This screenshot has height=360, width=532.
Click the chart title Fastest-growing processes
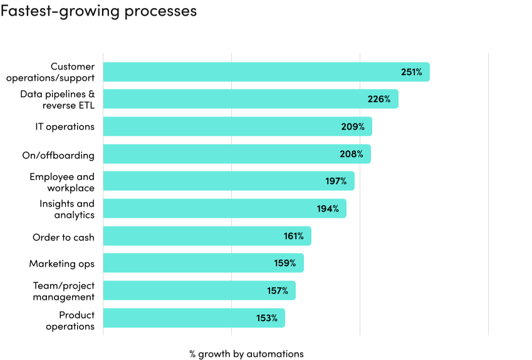tap(98, 11)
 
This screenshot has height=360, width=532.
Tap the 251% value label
tap(411, 72)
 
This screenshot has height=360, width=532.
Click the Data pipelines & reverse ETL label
tap(57, 100)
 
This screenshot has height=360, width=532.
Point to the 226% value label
tap(378, 99)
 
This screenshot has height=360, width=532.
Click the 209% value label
tap(353, 126)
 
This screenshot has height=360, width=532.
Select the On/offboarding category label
tap(63, 155)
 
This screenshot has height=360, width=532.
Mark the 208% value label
tap(352, 154)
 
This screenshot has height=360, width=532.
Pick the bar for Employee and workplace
tap(228, 181)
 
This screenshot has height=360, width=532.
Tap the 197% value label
tap(335, 181)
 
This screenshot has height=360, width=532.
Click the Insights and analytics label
tap(66, 209)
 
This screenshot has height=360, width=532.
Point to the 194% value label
tap(328, 208)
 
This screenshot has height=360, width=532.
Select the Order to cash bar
tap(207, 236)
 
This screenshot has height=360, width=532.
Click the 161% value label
tap(293, 236)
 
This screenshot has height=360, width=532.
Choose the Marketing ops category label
tap(61, 264)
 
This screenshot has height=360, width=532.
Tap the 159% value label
tap(284, 263)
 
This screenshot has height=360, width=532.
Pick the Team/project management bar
tap(199, 291)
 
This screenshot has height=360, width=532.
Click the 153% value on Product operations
tap(266, 318)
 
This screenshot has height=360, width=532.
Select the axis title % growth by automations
tap(246, 354)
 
